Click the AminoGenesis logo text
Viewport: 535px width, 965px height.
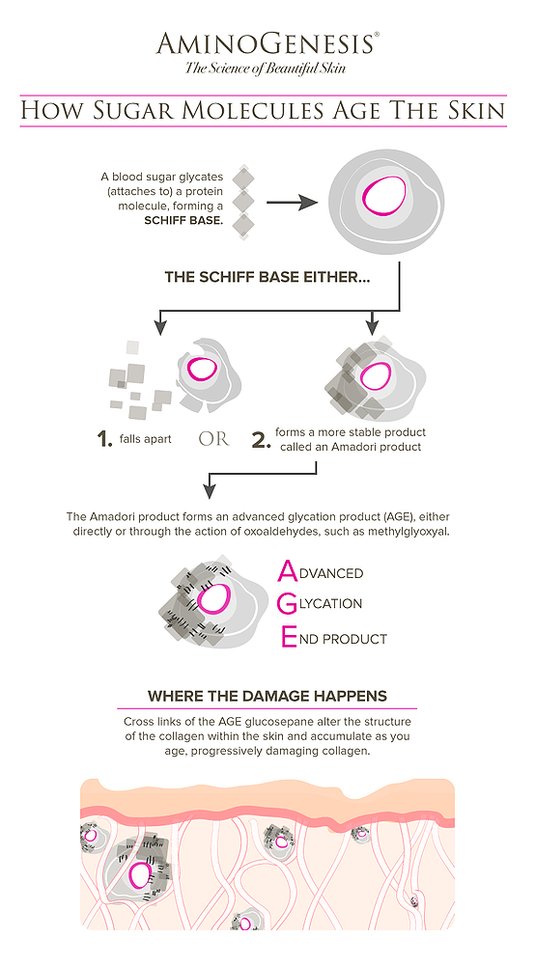264,44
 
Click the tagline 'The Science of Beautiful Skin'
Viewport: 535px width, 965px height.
266,68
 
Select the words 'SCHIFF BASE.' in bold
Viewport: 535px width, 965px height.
183,219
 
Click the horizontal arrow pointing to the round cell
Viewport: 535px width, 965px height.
292,202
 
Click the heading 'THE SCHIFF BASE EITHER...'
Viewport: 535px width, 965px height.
267,277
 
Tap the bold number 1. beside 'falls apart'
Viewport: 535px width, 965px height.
104,438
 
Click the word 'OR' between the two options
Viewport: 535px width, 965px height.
213,439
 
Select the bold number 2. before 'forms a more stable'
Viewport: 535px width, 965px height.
262,439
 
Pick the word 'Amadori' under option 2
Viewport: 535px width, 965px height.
352,447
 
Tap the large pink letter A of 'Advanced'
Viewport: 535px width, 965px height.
288,571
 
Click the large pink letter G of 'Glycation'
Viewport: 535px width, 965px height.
288,604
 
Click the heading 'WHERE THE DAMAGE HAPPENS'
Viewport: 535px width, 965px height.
267,696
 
